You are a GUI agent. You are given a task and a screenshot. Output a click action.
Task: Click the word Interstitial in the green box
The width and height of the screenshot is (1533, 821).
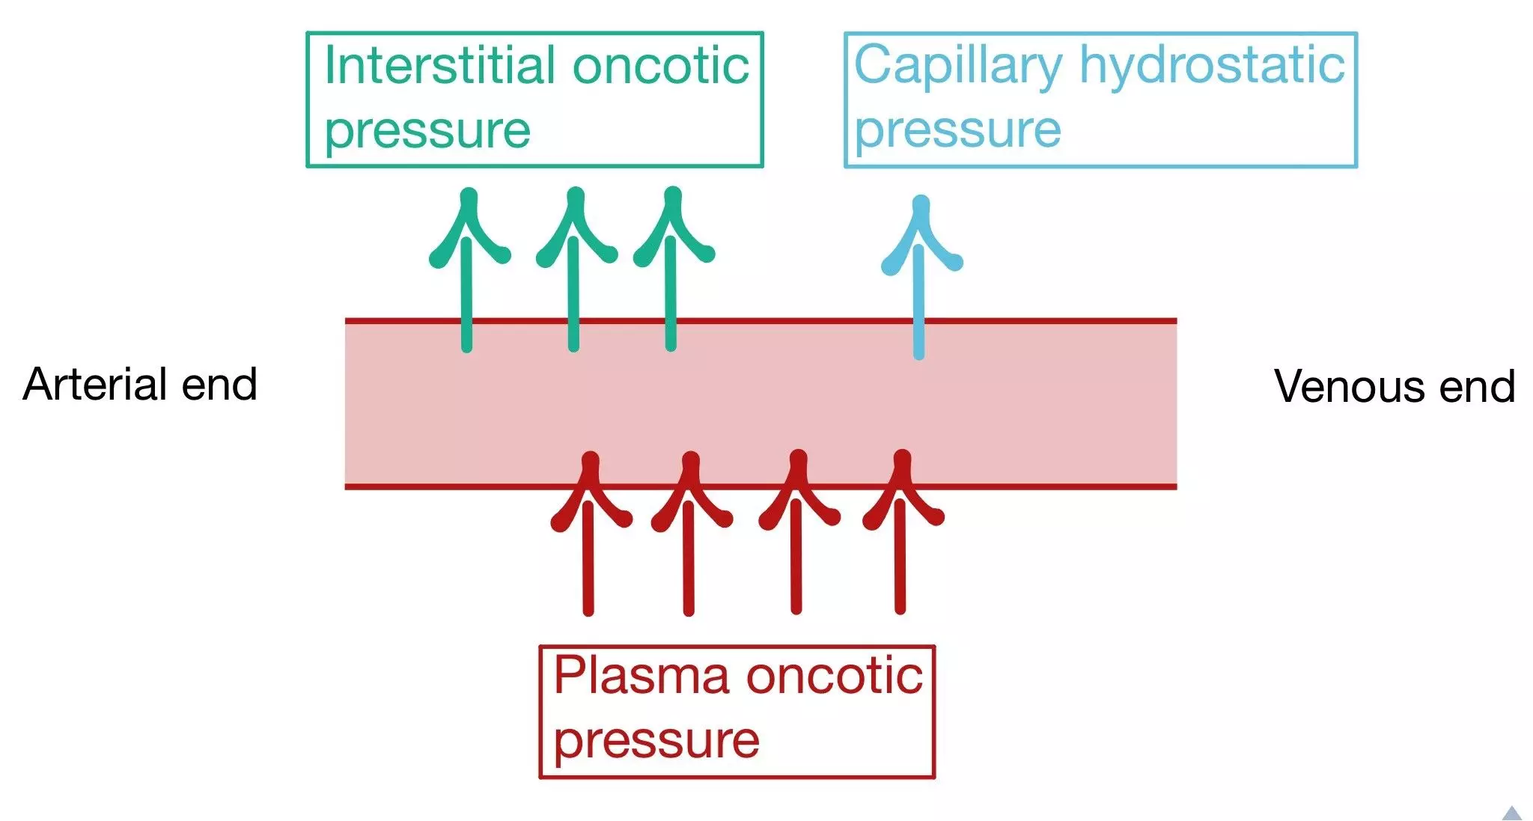click(441, 66)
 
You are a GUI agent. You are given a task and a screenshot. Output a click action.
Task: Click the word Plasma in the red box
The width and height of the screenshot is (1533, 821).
click(641, 675)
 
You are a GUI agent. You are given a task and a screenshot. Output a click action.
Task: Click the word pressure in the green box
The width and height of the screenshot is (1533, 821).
click(427, 132)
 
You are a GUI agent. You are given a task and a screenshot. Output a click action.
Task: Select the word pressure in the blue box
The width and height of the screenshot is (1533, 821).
click(957, 130)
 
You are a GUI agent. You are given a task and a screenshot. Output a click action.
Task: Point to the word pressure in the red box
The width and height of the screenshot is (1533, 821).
click(656, 741)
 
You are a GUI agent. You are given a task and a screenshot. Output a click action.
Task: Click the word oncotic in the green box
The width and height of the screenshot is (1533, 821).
click(661, 66)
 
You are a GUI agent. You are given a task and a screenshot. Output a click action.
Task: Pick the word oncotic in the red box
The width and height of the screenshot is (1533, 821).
click(835, 675)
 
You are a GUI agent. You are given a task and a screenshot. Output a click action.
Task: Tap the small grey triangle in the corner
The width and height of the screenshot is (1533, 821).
click(1512, 814)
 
